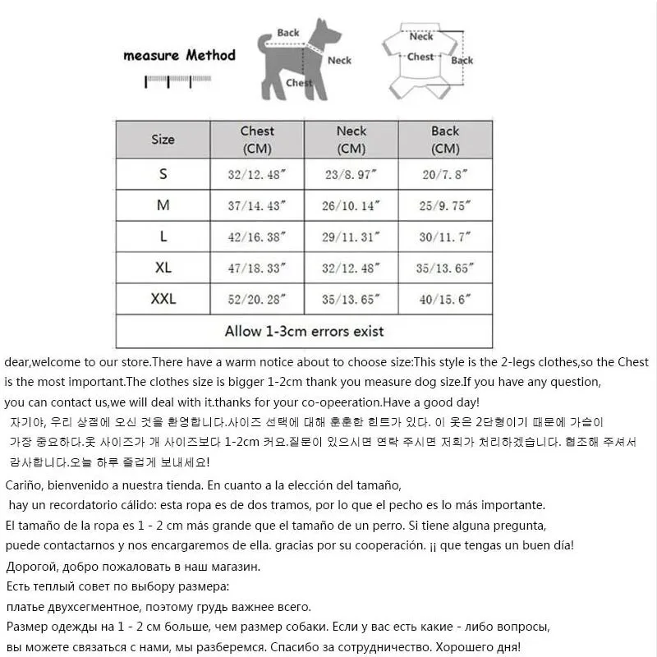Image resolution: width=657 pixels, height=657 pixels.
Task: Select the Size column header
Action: point(163,140)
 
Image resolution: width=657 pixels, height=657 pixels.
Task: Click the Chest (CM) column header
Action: point(257,140)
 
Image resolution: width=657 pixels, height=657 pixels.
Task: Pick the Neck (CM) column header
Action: point(351,140)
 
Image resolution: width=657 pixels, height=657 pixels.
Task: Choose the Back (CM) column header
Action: point(445,140)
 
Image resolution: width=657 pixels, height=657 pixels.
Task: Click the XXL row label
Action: point(163,299)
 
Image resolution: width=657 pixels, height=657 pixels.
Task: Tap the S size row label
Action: point(163,174)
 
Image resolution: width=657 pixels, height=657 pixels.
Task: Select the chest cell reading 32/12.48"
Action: point(257,175)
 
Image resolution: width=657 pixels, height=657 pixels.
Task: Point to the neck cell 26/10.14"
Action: point(351,206)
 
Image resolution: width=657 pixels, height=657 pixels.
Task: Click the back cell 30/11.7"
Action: point(445,237)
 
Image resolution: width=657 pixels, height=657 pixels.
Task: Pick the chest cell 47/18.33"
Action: point(257,269)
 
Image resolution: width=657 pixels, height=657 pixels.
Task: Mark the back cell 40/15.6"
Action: point(445,300)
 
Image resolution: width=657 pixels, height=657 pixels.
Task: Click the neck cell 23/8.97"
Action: point(351,175)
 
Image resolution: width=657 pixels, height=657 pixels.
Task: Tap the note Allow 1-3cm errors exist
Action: point(304,332)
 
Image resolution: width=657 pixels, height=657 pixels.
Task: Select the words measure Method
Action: point(179,56)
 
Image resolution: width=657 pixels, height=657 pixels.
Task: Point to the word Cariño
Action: point(26,485)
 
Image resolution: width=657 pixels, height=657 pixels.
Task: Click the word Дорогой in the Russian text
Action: point(30,567)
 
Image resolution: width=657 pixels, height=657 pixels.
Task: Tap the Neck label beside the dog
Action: point(339,60)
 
